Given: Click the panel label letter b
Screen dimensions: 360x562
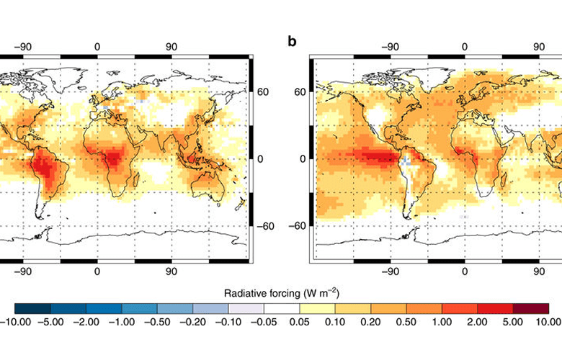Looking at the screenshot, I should click(292, 41).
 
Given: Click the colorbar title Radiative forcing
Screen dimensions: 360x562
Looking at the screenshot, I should click(282, 293).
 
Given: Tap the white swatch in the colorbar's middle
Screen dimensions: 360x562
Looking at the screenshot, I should click(281, 309).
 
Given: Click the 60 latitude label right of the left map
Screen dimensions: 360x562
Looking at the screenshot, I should click(264, 91).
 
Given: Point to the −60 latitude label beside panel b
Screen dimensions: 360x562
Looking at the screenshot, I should click(299, 225).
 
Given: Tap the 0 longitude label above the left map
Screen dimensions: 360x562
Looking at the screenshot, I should click(97, 48).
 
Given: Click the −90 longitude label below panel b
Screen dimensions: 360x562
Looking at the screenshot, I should click(390, 272).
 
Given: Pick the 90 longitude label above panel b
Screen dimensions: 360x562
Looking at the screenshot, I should click(538, 48).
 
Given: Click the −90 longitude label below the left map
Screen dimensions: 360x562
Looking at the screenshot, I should click(23, 272).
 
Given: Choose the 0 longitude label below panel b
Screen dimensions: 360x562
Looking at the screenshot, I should click(464, 272).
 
